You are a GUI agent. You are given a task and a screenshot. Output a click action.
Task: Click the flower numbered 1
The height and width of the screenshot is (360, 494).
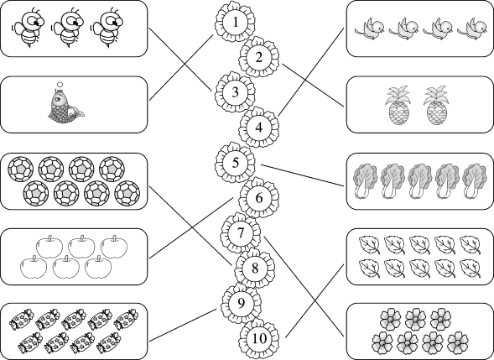click(x=236, y=22)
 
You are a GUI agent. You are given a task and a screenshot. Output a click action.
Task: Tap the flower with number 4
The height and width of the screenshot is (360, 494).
click(x=258, y=128)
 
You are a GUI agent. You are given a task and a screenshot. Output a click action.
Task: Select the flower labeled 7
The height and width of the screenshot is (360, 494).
click(x=241, y=233)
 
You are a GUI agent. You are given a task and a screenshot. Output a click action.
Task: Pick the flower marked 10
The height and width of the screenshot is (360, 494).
click(x=259, y=338)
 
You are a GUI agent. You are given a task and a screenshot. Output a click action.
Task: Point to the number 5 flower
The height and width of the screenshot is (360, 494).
click(x=236, y=163)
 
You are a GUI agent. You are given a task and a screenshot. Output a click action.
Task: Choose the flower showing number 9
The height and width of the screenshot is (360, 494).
click(x=241, y=303)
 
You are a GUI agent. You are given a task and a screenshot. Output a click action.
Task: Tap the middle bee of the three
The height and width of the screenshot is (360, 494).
click(x=69, y=29)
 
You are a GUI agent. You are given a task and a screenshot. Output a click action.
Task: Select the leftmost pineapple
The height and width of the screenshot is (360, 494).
click(x=398, y=105)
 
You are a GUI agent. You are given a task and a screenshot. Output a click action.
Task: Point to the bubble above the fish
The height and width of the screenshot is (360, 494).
click(x=60, y=85)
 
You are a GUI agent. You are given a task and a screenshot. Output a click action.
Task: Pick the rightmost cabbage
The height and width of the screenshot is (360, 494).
click(x=475, y=181)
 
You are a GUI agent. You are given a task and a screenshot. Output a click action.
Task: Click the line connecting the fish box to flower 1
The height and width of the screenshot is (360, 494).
click(x=181, y=67)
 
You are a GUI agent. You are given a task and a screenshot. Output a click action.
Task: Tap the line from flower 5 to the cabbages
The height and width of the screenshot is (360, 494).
click(x=303, y=175)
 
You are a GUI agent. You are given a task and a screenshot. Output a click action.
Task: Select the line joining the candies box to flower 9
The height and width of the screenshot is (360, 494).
click(x=183, y=326)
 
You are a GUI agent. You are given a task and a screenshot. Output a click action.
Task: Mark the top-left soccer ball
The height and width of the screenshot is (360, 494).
click(x=20, y=170)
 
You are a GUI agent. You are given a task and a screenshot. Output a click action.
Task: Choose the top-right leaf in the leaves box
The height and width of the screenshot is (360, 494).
click(x=470, y=245)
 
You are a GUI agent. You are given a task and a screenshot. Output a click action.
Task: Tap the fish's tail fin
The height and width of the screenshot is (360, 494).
click(x=77, y=112)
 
